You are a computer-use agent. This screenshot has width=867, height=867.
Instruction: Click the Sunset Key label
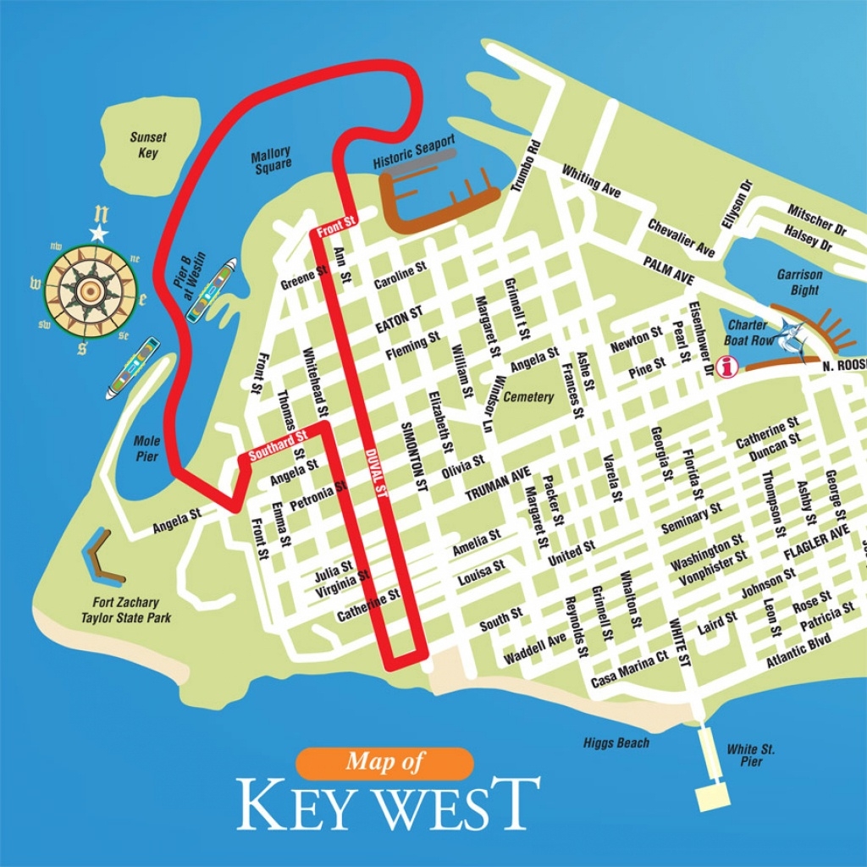point(148,145)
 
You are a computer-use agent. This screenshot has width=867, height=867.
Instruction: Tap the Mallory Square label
point(271,158)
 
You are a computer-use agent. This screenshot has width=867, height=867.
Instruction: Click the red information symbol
point(726,367)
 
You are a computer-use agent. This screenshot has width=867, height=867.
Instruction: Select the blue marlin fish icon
point(792,336)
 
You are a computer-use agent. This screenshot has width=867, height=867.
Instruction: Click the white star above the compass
point(99,232)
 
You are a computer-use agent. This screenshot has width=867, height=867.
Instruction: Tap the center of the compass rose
point(89,290)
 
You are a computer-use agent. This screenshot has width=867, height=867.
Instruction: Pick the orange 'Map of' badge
point(385,762)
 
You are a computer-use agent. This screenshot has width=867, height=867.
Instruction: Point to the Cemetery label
point(528,396)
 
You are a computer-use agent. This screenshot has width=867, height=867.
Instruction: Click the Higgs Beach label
point(616,743)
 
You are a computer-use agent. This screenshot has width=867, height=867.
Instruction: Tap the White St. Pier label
point(751,755)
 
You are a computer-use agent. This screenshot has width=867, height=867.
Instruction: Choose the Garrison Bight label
point(798,283)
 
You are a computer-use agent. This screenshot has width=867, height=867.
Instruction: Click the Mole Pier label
point(146,448)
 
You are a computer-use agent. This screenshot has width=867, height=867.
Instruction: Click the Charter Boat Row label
point(746,332)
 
